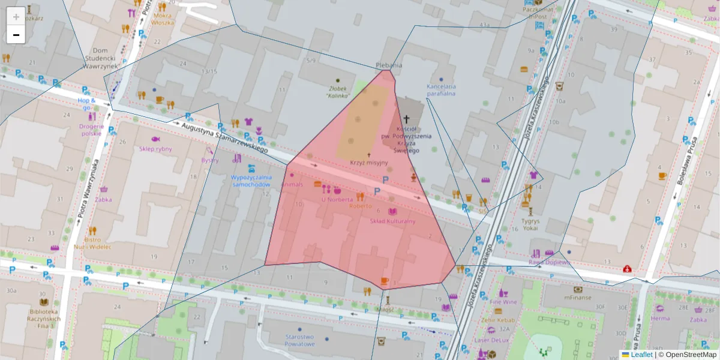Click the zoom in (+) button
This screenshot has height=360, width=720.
[x=16, y=16]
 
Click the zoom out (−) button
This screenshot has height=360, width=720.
[x=16, y=35]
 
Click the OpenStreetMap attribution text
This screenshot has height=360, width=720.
[x=691, y=355]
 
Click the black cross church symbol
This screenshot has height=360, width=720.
[x=406, y=119]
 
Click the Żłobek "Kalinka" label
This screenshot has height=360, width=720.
[x=338, y=91]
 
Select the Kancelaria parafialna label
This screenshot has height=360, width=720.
[x=441, y=89]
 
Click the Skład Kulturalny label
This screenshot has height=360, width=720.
[x=392, y=221]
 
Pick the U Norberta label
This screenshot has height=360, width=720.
[x=337, y=199]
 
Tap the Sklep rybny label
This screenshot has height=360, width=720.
[x=155, y=148]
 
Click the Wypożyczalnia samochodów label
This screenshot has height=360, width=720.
[x=251, y=181]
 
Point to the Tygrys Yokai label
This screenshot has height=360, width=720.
[x=530, y=224]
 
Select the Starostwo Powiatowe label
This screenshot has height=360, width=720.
[x=300, y=340]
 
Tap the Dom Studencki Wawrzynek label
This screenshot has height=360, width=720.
[x=98, y=59]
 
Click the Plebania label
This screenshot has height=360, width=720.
[x=389, y=65]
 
